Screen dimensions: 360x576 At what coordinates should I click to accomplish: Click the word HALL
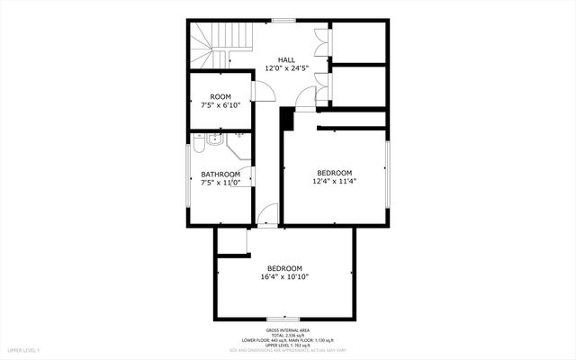click(286, 59)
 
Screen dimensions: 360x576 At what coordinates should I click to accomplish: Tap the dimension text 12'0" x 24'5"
click(286, 67)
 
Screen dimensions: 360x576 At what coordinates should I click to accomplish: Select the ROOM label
click(220, 96)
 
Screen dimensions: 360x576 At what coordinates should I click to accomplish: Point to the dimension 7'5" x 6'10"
click(220, 105)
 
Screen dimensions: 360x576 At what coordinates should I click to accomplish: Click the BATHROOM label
click(220, 174)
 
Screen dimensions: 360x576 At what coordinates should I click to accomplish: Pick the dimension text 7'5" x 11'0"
click(220, 182)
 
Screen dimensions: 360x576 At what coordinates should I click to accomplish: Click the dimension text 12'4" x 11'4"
click(334, 181)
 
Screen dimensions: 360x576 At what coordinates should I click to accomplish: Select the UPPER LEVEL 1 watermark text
click(24, 349)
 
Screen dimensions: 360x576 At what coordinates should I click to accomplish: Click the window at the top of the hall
click(284, 20)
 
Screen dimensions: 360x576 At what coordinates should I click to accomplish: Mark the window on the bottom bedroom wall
click(283, 318)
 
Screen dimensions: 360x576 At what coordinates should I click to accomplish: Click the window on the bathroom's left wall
click(188, 177)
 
